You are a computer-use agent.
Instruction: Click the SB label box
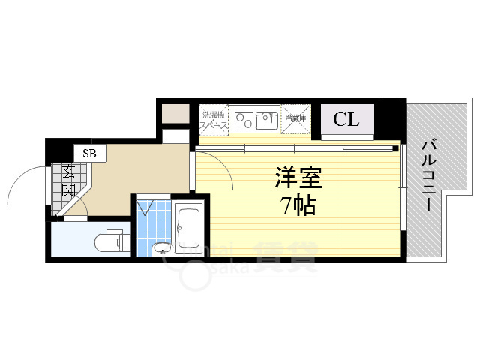90,154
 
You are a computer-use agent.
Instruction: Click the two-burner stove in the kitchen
243,118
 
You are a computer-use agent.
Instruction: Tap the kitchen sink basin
265,118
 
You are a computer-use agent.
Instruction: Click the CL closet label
346,118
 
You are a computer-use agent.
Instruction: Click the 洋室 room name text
298,179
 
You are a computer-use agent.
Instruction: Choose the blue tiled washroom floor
154,221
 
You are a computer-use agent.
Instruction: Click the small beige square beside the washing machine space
175,114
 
